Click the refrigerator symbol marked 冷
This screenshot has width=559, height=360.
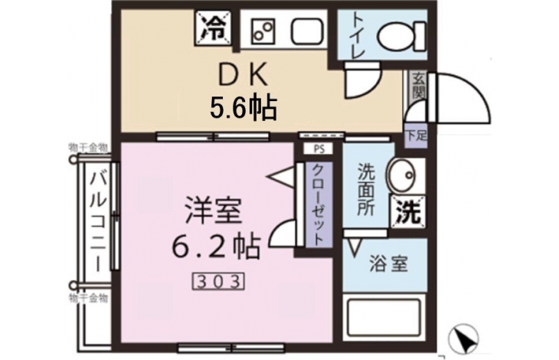(x=213, y=28)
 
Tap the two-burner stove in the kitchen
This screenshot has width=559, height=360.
(x=264, y=31)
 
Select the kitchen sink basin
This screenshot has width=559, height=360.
(x=308, y=31)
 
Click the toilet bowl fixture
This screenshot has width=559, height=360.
(x=401, y=37)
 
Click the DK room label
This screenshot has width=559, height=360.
(x=243, y=75)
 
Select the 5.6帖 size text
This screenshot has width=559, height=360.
(x=244, y=108)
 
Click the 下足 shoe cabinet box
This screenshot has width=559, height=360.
(x=416, y=136)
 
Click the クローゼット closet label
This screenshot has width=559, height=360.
(x=317, y=205)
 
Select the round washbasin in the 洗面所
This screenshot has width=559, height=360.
(x=401, y=175)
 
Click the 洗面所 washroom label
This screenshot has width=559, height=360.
(x=366, y=189)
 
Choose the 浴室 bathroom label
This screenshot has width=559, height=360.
(x=388, y=263)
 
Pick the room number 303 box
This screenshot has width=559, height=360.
(x=218, y=282)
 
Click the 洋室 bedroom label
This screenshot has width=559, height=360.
(x=214, y=211)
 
